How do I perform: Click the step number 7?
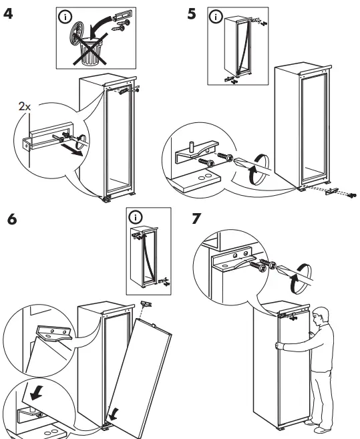(x=196, y=220)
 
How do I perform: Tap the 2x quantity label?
(x=24, y=106)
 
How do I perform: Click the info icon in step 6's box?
(x=136, y=218)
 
